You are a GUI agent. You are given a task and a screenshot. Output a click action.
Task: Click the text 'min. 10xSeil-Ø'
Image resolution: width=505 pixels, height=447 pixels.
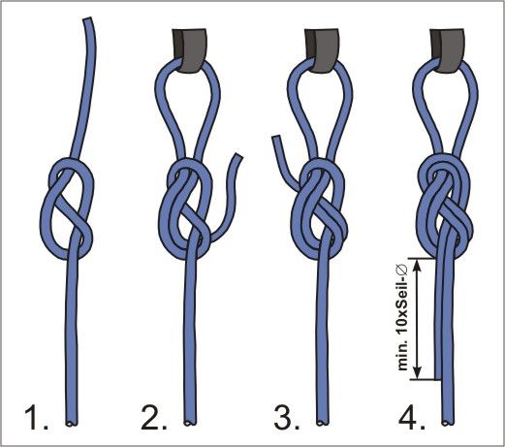pyautogui.click(x=403, y=318)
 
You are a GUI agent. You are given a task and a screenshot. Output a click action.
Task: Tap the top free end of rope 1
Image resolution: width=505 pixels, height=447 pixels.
pyautogui.click(x=87, y=19)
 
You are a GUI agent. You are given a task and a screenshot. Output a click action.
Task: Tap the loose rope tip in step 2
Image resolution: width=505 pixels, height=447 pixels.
pyautogui.click(x=237, y=156)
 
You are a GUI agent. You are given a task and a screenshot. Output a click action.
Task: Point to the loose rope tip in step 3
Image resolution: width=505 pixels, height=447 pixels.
pyautogui.click(x=276, y=138)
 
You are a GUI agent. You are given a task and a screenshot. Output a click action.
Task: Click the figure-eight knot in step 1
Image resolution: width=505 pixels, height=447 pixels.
pyautogui.click(x=66, y=208)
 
